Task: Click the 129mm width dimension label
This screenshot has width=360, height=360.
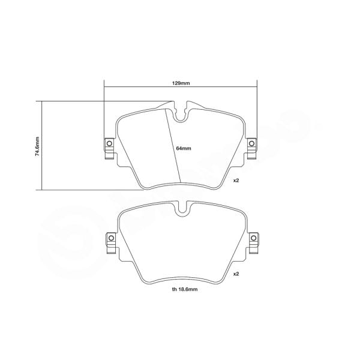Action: coord(181,83)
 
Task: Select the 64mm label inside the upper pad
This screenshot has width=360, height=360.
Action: coord(184,148)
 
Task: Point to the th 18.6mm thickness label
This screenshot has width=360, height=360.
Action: coord(180,289)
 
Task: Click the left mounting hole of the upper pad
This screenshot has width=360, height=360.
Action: coord(109,143)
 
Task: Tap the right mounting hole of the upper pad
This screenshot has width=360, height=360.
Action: coord(252,143)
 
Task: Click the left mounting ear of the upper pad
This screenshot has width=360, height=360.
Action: coord(110,148)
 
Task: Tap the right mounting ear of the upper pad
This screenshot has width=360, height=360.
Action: coord(251,148)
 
